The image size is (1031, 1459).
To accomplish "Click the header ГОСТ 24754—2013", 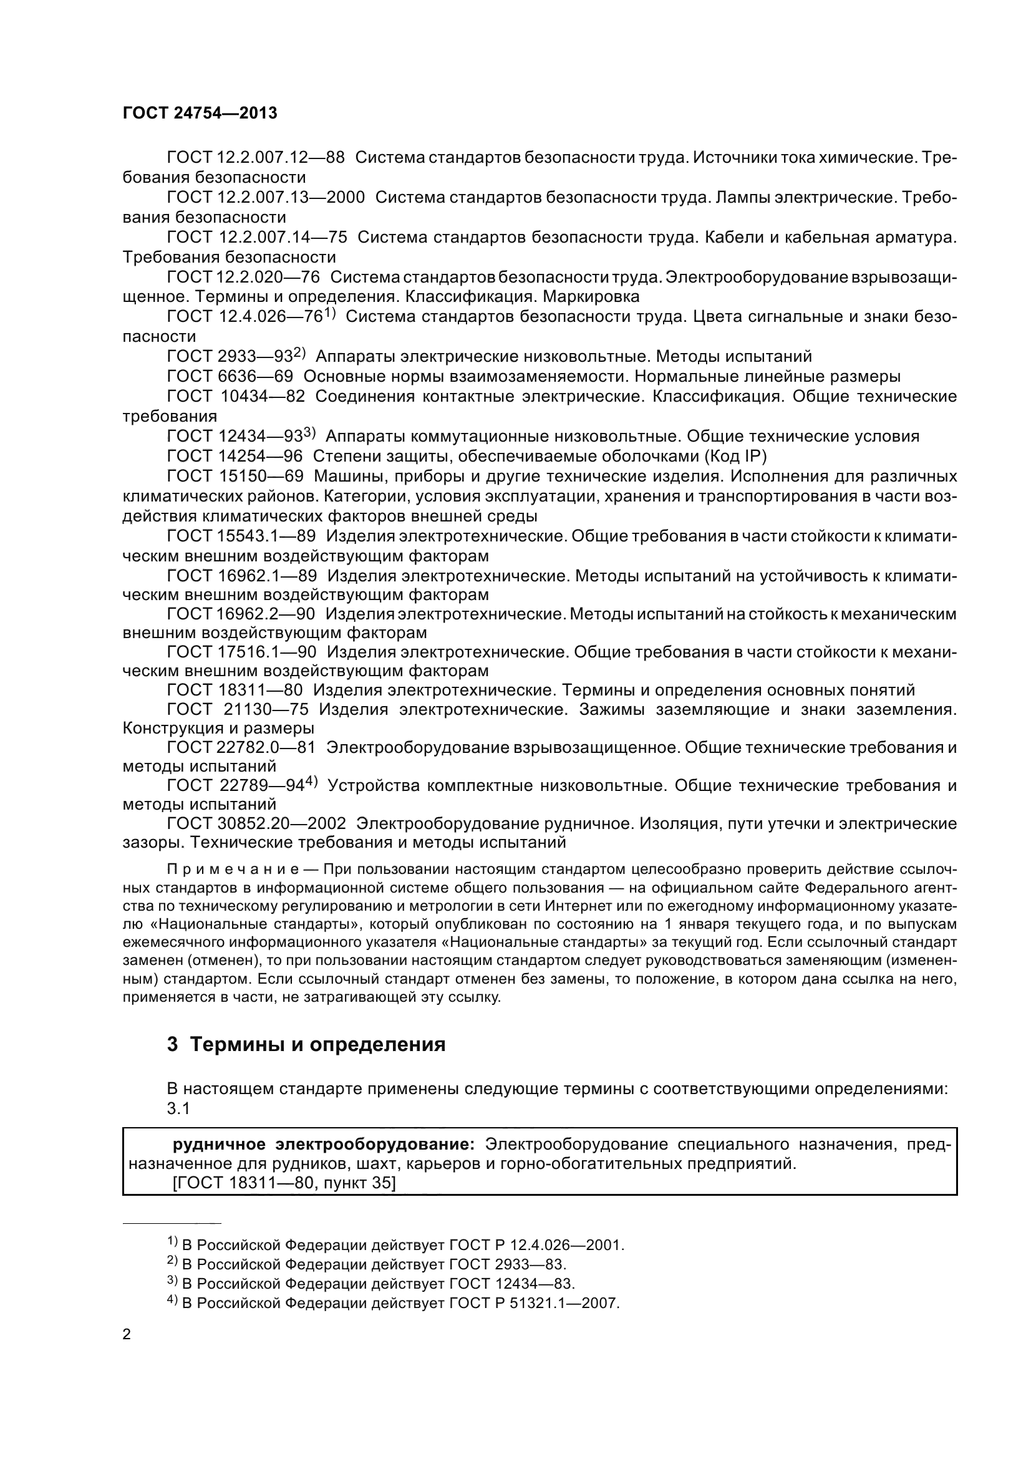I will pyautogui.click(x=200, y=113).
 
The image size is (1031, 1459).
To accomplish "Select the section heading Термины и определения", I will pyautogui.click(x=317, y=1044).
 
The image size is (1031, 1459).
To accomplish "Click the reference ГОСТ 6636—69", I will pyautogui.click(x=230, y=376).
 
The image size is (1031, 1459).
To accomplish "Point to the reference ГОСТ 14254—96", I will pyautogui.click(x=235, y=455).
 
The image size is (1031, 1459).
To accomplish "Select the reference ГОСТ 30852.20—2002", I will pyautogui.click(x=256, y=823).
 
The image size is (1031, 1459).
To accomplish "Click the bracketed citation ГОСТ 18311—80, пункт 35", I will pyautogui.click(x=284, y=1183).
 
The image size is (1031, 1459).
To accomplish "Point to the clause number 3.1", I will pyautogui.click(x=178, y=1108).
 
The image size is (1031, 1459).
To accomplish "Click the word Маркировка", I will pyautogui.click(x=592, y=297).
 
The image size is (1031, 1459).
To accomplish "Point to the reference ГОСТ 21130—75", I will pyautogui.click(x=235, y=709).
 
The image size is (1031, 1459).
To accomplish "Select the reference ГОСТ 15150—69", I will pyautogui.click(x=235, y=476).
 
